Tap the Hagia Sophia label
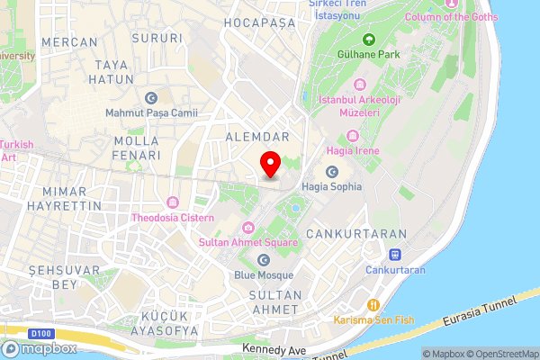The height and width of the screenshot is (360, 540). [x=332, y=186]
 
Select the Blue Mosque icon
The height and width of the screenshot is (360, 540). [x=264, y=260]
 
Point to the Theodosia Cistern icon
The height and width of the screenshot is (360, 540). [x=172, y=202]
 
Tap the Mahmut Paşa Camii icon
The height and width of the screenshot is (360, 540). [x=150, y=98]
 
